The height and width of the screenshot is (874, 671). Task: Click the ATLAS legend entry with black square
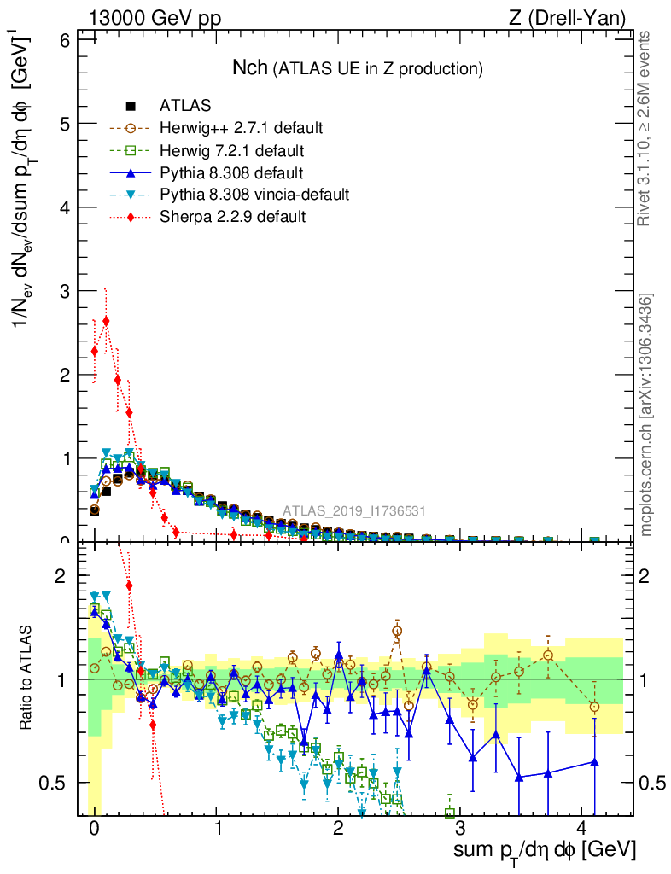[x=185, y=106]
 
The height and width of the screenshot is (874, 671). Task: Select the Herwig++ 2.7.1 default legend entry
[x=241, y=128]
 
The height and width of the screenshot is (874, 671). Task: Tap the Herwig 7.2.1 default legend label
[x=232, y=150]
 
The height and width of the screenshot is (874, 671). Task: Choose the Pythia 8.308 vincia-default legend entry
[x=254, y=195]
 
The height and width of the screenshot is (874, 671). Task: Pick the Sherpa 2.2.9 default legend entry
[x=232, y=217]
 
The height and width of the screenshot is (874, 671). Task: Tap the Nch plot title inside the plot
[x=358, y=67]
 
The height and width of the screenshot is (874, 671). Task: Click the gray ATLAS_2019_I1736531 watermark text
[x=354, y=511]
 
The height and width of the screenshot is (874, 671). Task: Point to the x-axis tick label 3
[x=460, y=829]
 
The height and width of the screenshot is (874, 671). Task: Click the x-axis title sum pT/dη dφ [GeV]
[x=543, y=850]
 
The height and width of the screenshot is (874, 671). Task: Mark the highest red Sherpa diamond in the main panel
[x=106, y=322]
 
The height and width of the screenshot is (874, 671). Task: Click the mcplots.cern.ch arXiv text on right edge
[x=646, y=416]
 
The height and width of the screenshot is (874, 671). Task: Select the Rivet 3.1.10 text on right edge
[x=646, y=128]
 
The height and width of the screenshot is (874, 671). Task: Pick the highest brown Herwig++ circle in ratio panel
[x=397, y=632]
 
